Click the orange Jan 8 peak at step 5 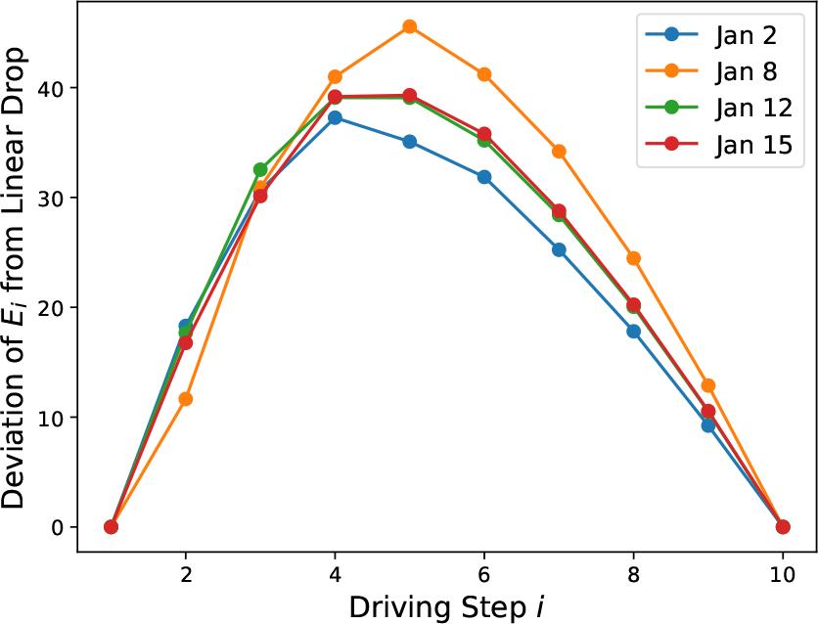(x=409, y=26)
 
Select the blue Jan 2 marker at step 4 (x=335, y=117)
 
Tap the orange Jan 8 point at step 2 (x=186, y=399)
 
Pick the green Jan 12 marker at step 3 (x=260, y=169)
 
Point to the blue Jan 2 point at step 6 (x=483, y=177)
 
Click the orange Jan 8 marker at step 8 (x=633, y=258)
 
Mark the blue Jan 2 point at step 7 (x=559, y=249)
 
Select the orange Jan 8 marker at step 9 (x=707, y=385)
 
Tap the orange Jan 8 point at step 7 (x=559, y=152)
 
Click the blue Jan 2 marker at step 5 (x=409, y=142)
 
